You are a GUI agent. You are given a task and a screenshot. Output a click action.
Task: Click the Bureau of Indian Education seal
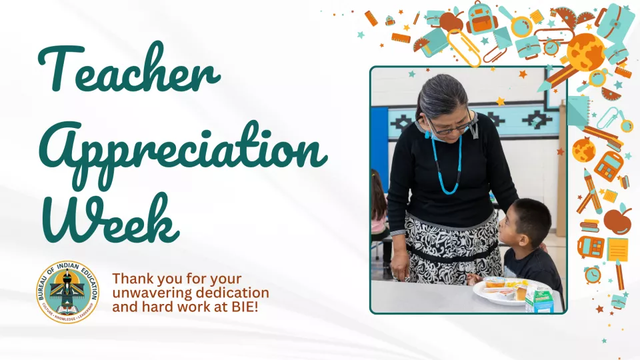tap(68, 291)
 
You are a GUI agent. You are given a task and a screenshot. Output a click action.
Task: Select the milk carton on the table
tap(539, 300)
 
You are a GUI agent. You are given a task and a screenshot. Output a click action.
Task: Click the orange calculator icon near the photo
tap(608, 165)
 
